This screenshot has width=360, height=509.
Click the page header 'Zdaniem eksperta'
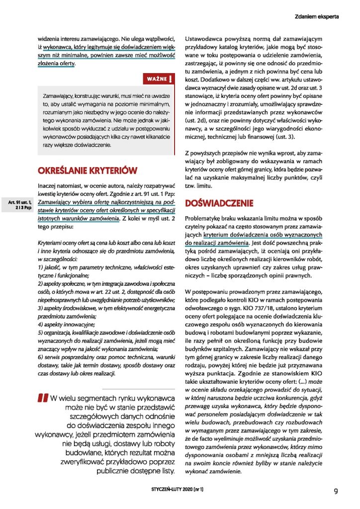(x=316, y=16)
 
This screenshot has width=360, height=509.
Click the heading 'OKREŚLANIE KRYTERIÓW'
(x=88, y=170)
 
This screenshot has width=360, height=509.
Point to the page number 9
(x=336, y=491)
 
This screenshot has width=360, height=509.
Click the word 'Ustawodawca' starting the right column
(x=204, y=39)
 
